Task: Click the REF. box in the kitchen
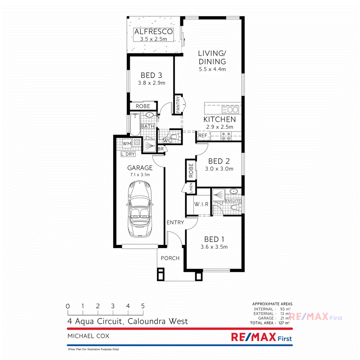pyautogui.click(x=203, y=136)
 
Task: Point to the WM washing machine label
pyautogui.click(x=127, y=143)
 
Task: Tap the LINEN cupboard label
pyautogui.click(x=191, y=188)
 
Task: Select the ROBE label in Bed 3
pyautogui.click(x=143, y=106)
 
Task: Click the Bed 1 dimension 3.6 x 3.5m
pyautogui.click(x=214, y=247)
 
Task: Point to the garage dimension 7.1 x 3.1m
pyautogui.click(x=140, y=175)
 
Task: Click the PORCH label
pyautogui.click(x=170, y=258)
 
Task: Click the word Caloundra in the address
pyautogui.click(x=148, y=321)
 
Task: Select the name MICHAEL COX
pyautogui.click(x=88, y=336)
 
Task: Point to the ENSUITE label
pyautogui.click(x=233, y=201)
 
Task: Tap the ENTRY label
pyautogui.click(x=175, y=222)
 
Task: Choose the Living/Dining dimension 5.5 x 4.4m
pyautogui.click(x=212, y=69)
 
